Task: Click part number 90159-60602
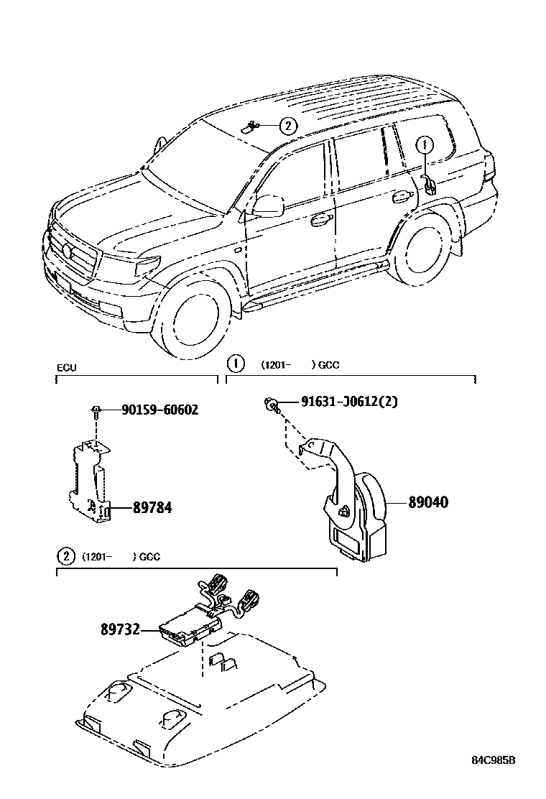(159, 410)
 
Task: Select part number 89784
(152, 508)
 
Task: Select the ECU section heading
(66, 368)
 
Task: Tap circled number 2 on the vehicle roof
(287, 126)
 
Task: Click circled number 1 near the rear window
(425, 144)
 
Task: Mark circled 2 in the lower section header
(65, 557)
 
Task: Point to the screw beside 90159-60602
(96, 410)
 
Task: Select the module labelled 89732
(187, 624)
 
